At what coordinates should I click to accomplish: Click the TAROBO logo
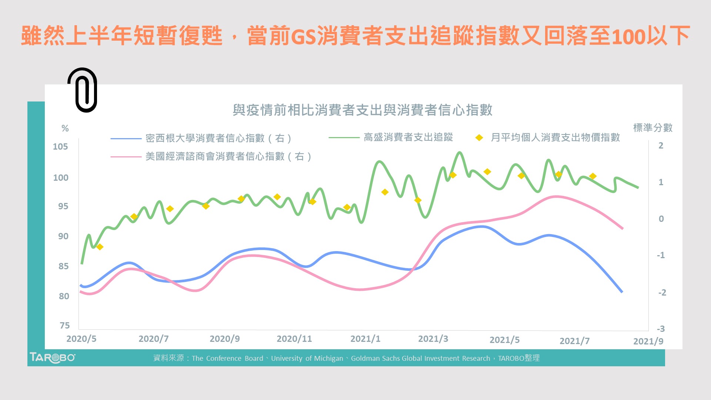tap(52, 358)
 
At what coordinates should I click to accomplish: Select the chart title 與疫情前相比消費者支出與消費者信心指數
tap(362, 110)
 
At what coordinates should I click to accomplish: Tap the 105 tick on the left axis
tap(60, 147)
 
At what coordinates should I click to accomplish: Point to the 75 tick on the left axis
tap(64, 326)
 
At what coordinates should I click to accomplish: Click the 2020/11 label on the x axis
tap(294, 339)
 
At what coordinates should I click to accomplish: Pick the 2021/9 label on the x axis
tap(648, 341)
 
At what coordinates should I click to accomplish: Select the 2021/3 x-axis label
tap(433, 339)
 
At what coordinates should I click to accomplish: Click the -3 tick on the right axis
tap(661, 329)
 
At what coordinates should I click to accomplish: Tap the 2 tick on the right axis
tap(661, 146)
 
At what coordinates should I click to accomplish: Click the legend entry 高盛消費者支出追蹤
tap(408, 137)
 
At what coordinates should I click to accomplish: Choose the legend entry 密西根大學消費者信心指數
tap(218, 139)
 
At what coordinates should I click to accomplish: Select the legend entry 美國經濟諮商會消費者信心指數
tap(228, 157)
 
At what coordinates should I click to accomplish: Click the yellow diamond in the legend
tap(479, 138)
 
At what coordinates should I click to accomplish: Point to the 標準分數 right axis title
tap(652, 128)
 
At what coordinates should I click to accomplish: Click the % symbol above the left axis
tap(65, 129)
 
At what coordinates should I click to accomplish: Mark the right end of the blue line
tap(622, 292)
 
